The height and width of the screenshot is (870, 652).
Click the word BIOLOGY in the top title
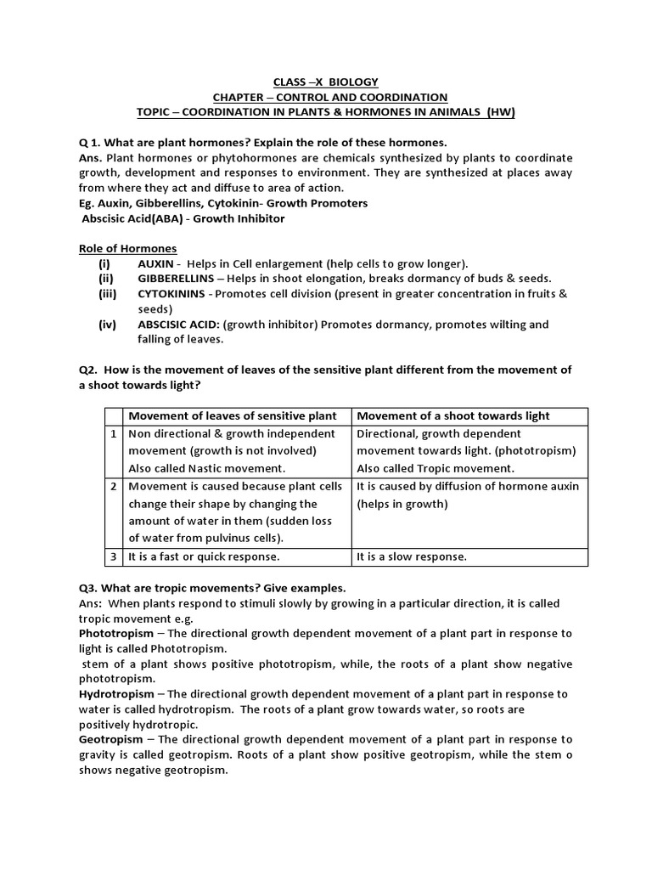(356, 82)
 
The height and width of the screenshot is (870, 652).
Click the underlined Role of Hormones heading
(127, 248)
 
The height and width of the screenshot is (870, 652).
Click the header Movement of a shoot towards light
(453, 415)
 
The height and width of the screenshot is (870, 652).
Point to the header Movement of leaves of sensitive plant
(232, 415)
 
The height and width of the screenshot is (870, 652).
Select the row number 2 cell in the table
(114, 487)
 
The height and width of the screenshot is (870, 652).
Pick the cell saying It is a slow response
(412, 557)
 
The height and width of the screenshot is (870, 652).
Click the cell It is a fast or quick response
(203, 557)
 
